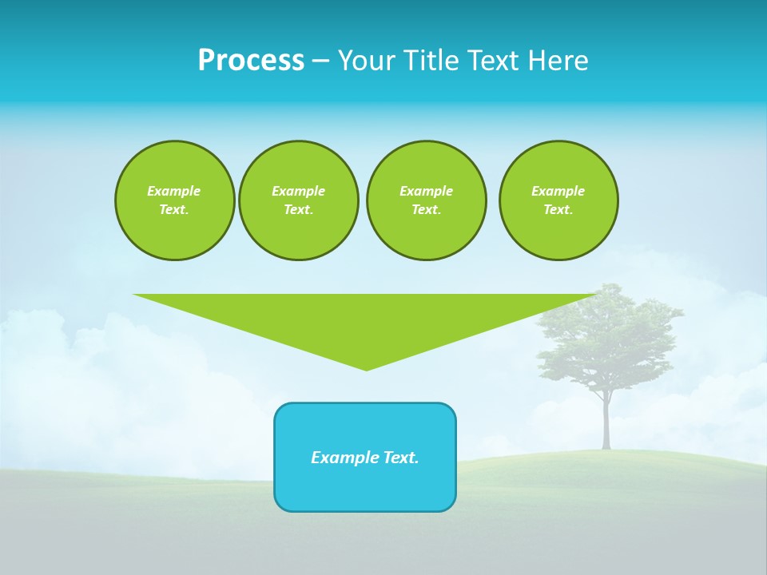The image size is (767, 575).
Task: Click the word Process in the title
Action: click(251, 61)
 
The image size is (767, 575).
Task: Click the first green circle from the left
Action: click(174, 200)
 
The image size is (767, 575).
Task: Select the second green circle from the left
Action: click(298, 200)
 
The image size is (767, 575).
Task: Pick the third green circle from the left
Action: click(426, 200)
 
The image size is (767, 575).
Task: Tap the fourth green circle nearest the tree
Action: click(558, 200)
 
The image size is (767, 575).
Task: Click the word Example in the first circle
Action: click(174, 191)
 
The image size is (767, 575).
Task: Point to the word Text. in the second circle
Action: click(298, 210)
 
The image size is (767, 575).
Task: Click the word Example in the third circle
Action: click(426, 191)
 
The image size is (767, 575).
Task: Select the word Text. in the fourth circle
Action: click(558, 210)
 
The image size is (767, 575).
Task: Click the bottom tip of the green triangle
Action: click(366, 368)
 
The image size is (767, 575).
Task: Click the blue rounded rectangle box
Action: click(365, 487)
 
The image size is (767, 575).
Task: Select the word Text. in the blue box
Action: click(401, 458)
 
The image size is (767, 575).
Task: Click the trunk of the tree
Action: click(606, 423)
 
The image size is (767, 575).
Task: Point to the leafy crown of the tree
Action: click(607, 335)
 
